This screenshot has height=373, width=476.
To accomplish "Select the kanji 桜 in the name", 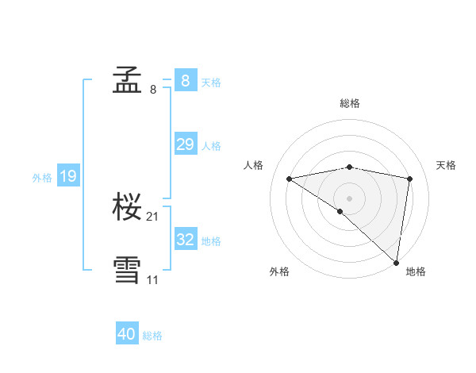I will click(x=128, y=208).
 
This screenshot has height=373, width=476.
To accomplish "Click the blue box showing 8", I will click(x=185, y=80).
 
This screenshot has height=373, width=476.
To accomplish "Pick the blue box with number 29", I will click(x=185, y=144).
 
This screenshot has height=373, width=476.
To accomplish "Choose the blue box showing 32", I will click(x=185, y=240).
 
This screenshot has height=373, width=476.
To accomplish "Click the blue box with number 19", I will click(x=67, y=176).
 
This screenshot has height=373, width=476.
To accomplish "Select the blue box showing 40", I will click(x=127, y=334).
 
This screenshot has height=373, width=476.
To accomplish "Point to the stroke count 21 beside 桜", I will click(x=153, y=217).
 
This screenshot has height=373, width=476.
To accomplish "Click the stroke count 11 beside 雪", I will click(x=153, y=279).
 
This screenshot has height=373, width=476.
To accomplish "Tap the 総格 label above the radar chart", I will click(x=350, y=103).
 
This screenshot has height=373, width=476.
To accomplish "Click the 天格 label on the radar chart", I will click(x=446, y=165).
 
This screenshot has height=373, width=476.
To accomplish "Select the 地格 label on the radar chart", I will click(x=416, y=271).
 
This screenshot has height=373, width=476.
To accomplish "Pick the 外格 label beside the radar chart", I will click(x=279, y=271).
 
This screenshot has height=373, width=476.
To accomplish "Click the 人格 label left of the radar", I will click(x=253, y=165).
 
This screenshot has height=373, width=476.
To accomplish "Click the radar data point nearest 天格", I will click(x=410, y=179).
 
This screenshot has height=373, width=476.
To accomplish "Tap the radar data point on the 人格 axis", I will click(x=290, y=179).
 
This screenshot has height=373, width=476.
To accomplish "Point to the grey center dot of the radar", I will click(x=350, y=198).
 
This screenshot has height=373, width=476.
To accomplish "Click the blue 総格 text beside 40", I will click(x=152, y=336).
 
